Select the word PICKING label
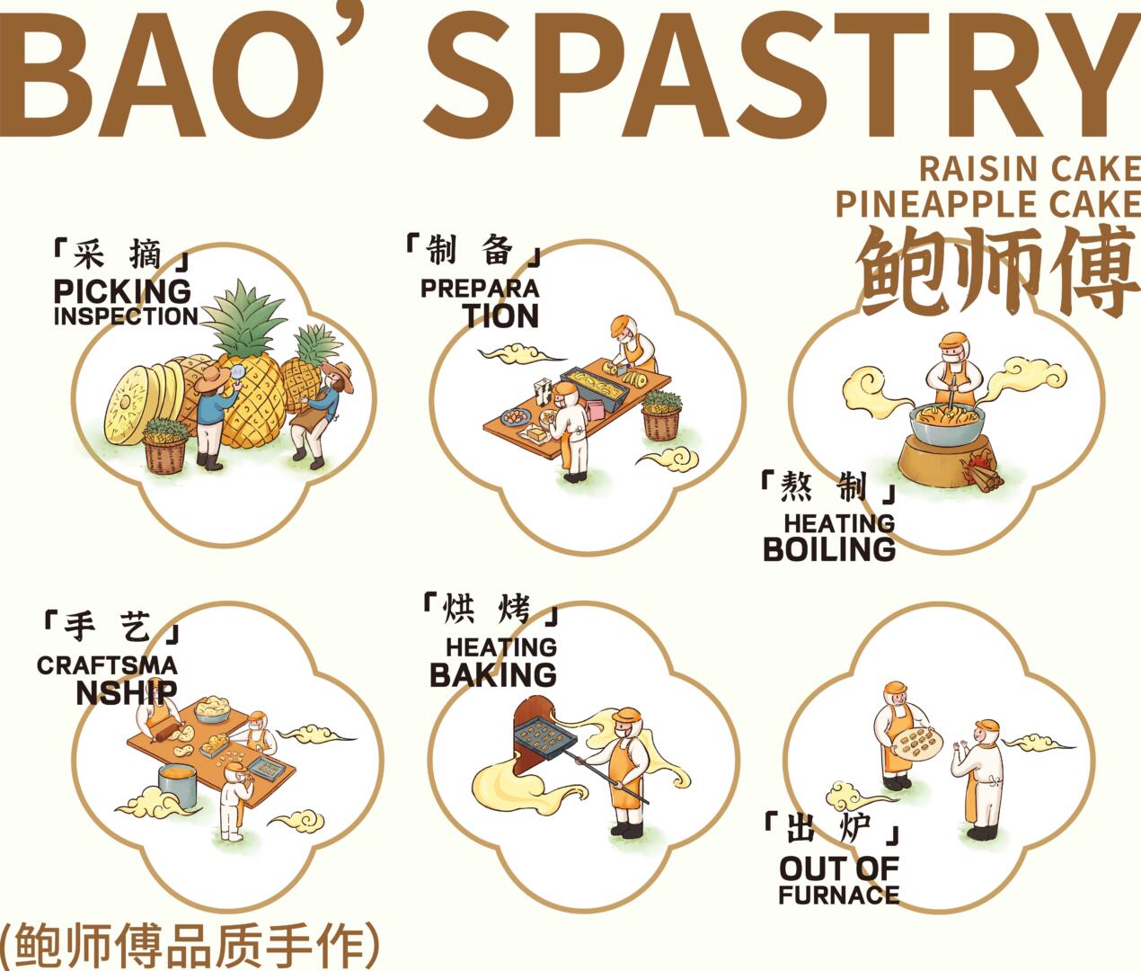coord(122,291)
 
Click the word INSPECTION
coord(126,316)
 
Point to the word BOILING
coord(829,549)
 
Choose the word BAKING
coord(493,675)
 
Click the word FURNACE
coord(838,895)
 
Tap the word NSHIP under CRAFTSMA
coord(127,692)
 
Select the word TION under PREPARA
coord(500,316)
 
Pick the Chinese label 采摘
coord(118,254)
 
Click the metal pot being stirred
coord(947,424)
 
